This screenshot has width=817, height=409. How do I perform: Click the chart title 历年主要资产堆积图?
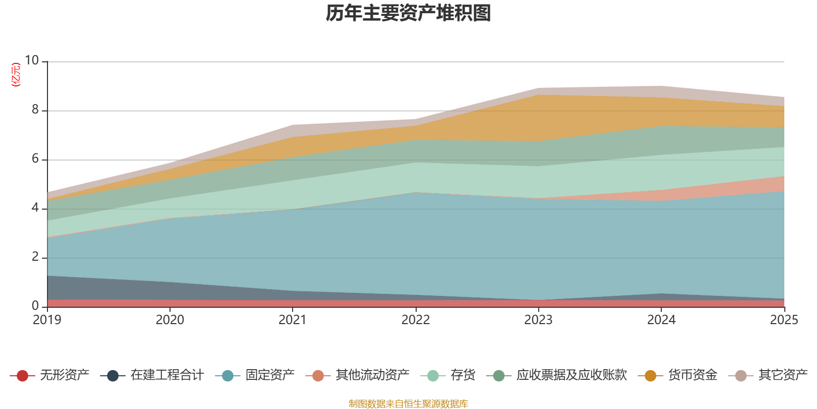click(x=408, y=13)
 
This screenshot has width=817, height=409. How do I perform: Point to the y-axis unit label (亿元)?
click(x=16, y=75)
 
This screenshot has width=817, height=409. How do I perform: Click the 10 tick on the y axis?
click(x=32, y=60)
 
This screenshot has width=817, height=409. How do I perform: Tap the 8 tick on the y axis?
click(x=35, y=109)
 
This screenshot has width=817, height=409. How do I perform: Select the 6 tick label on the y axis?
click(x=35, y=158)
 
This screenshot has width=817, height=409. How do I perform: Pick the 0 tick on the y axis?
click(x=35, y=306)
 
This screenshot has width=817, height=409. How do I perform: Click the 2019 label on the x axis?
click(x=47, y=320)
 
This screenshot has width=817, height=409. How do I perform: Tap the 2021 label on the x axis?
click(x=292, y=320)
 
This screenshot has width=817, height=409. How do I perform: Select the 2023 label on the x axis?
click(x=538, y=320)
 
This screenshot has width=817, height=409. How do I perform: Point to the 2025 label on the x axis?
click(x=783, y=320)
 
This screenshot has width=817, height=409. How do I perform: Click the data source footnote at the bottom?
click(x=408, y=404)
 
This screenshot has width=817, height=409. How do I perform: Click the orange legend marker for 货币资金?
click(x=651, y=376)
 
